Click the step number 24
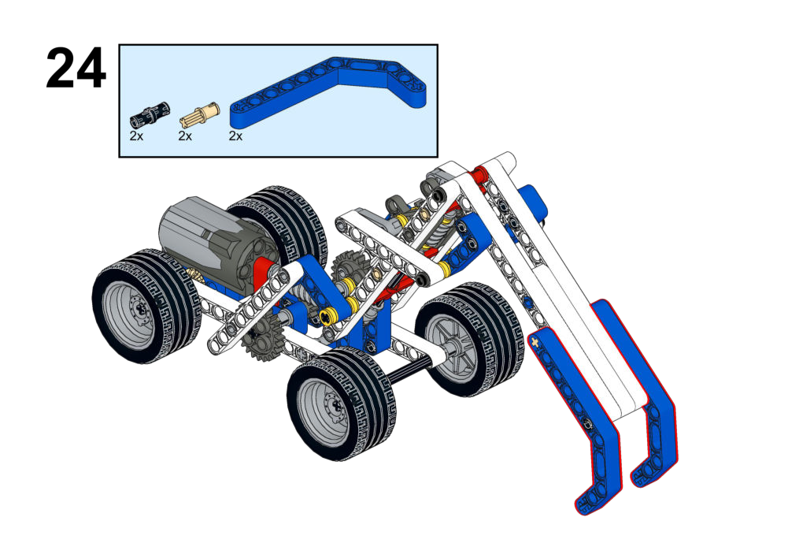76,69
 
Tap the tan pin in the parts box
199,115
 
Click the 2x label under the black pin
136,136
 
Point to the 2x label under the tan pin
185,136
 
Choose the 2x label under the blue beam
235,136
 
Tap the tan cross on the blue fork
535,343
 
